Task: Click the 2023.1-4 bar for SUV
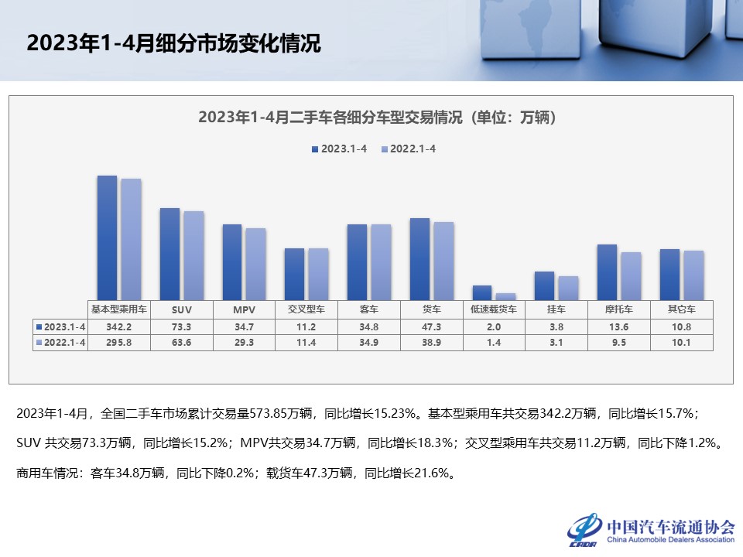pyautogui.click(x=169, y=254)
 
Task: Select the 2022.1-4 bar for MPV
pyautogui.click(x=255, y=264)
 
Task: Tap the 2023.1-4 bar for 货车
pyautogui.click(x=419, y=258)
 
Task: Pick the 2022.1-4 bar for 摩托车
pyautogui.click(x=631, y=275)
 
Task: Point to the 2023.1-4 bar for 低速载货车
pyautogui.click(x=482, y=292)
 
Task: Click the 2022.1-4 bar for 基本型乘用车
pyautogui.click(x=131, y=239)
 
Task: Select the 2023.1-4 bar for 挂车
pyautogui.click(x=545, y=285)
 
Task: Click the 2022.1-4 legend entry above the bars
pyautogui.click(x=409, y=149)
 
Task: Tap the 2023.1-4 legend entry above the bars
pyautogui.click(x=340, y=149)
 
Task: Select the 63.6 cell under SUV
pyautogui.click(x=182, y=342)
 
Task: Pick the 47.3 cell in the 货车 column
pyautogui.click(x=431, y=326)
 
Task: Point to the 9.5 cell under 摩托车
pyautogui.click(x=618, y=342)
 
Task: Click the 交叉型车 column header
pyautogui.click(x=306, y=309)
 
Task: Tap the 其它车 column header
pyautogui.click(x=681, y=309)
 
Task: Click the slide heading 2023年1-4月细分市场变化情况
pyautogui.click(x=173, y=43)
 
